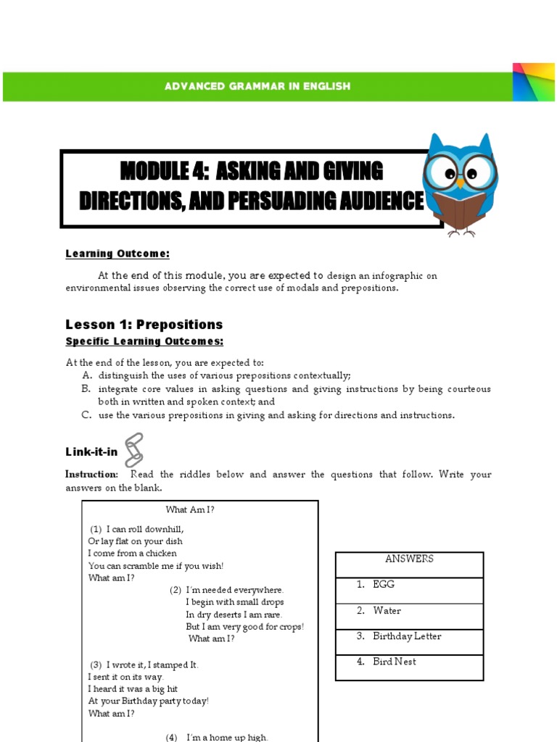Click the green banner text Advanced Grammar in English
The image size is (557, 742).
point(257,86)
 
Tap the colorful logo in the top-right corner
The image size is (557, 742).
point(533,82)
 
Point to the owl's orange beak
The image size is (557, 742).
point(460,183)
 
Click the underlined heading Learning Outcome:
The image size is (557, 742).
point(117,254)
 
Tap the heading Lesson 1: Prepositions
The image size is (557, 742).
point(144,324)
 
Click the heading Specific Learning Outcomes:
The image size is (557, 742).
point(144,341)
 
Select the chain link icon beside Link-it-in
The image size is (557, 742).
point(134,449)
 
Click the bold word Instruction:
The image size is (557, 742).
point(92,475)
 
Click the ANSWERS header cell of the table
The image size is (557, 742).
point(409,559)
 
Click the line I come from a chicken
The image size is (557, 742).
point(132,554)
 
